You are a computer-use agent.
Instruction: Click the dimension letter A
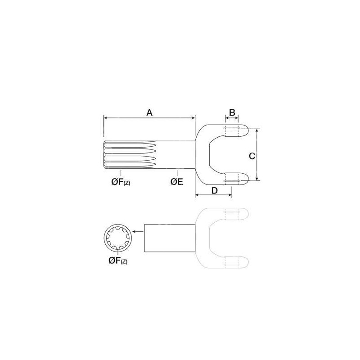point(149,113)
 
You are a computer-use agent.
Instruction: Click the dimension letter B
point(232,112)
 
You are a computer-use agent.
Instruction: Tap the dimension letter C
point(252,156)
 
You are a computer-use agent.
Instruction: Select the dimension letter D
point(214,190)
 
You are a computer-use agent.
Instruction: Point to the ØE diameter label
point(177,182)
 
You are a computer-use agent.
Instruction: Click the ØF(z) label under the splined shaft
point(121,182)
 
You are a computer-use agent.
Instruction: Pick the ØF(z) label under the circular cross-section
point(118,261)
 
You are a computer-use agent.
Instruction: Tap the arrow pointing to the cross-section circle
point(138,232)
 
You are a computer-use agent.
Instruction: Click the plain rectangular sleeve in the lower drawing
point(170,238)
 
